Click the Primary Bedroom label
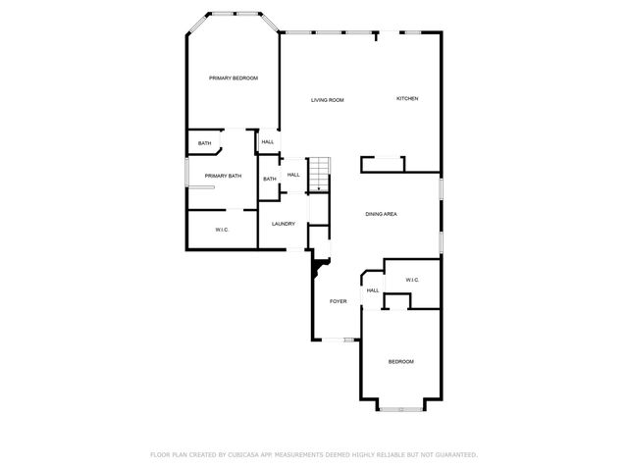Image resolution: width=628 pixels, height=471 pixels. (233, 78)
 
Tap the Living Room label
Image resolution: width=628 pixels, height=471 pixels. (327, 100)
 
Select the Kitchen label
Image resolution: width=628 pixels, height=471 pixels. (407, 98)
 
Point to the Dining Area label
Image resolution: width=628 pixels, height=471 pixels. (381, 214)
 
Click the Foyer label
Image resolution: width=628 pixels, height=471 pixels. (338, 301)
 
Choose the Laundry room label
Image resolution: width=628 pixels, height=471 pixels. (284, 224)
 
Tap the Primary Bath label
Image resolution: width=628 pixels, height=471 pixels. (223, 176)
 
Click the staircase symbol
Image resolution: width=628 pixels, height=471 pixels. (319, 174)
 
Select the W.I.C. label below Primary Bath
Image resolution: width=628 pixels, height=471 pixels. (222, 230)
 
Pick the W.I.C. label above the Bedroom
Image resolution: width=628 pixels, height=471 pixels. (412, 281)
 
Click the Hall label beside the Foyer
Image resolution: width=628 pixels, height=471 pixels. (373, 290)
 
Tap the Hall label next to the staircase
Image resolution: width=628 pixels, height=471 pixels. (293, 175)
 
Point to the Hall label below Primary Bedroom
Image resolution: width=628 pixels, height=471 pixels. (267, 142)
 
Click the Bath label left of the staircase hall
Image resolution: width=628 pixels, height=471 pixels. (269, 179)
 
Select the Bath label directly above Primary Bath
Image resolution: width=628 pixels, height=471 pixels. (204, 144)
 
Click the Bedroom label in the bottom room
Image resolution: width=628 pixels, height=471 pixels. (400, 362)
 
